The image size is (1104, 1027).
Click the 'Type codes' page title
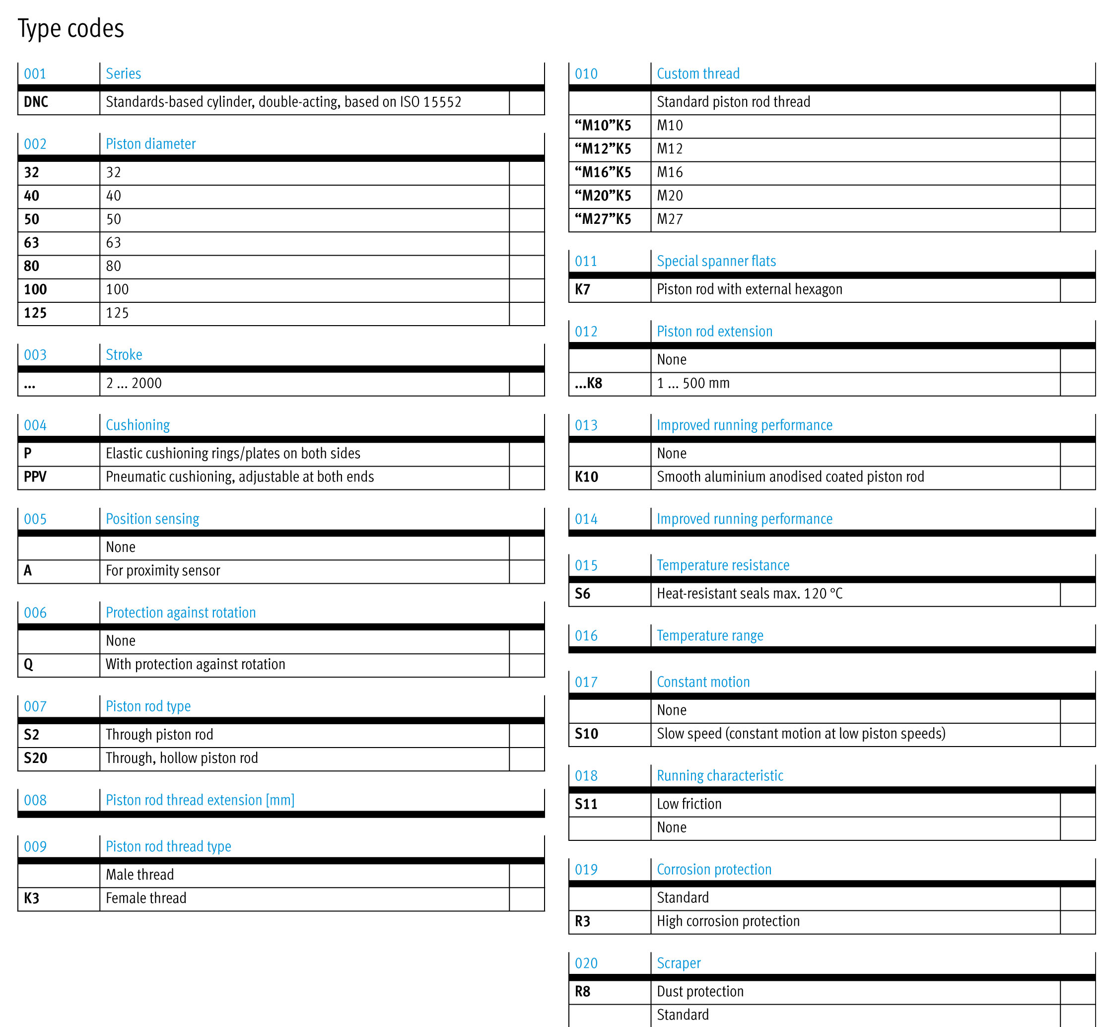pyautogui.click(x=70, y=28)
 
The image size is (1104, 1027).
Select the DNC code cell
pyautogui.click(x=36, y=102)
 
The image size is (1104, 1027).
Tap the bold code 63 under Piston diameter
pyautogui.click(x=32, y=243)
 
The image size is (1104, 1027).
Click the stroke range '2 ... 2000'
pyautogui.click(x=134, y=383)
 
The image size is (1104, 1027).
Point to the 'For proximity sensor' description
pyautogui.click(x=163, y=570)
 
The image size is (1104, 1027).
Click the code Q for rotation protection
pyautogui.click(x=28, y=664)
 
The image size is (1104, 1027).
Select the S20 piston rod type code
pyautogui.click(x=36, y=758)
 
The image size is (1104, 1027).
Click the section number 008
pyautogui.click(x=35, y=800)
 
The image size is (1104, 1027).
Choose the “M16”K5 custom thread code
pyautogui.click(x=603, y=172)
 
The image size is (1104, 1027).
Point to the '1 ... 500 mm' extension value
pyautogui.click(x=693, y=383)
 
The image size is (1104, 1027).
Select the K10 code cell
pyautogui.click(x=586, y=477)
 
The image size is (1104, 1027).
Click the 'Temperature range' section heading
pyautogui.click(x=710, y=635)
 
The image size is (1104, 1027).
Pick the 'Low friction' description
pyautogui.click(x=689, y=804)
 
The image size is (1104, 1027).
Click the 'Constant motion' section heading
pyautogui.click(x=703, y=682)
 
